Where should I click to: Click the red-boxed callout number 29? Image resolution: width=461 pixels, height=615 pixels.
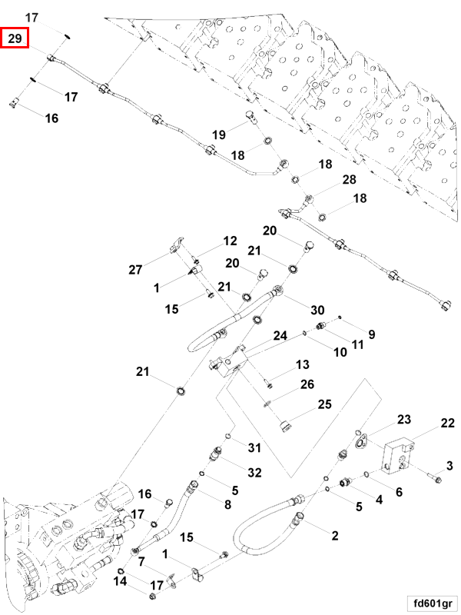[15, 38]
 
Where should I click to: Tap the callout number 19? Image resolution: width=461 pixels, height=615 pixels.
[219, 135]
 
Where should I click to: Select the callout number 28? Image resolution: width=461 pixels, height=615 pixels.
[350, 180]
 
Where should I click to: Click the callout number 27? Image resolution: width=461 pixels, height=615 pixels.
[136, 270]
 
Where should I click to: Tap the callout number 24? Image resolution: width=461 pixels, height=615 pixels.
[280, 336]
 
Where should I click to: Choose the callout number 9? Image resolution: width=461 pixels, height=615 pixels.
[371, 334]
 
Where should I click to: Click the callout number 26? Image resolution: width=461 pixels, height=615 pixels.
[307, 384]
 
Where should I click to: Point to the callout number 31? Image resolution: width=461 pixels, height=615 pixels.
[254, 448]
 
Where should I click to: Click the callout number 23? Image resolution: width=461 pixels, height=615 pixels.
[404, 420]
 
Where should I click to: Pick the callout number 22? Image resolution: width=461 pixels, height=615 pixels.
[447, 424]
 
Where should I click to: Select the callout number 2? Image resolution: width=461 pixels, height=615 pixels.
[335, 535]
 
